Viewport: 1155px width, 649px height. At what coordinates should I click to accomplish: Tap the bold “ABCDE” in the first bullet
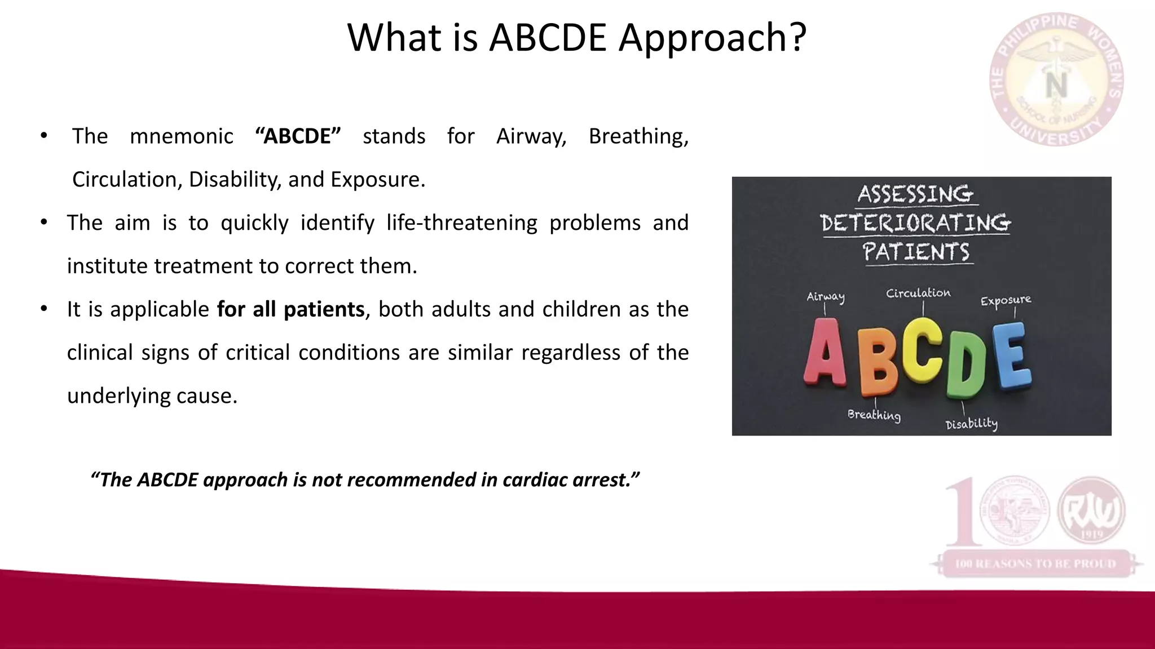298,136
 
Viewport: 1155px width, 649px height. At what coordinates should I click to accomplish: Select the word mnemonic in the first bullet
181,136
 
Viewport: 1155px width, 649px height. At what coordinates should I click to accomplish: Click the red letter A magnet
825,353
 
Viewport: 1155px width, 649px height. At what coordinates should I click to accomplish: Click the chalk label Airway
825,297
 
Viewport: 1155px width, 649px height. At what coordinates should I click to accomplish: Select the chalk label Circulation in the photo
918,293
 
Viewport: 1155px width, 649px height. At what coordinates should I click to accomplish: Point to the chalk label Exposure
1006,300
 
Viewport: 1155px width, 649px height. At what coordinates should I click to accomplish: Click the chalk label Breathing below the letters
874,415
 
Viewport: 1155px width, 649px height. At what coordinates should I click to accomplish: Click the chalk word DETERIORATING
915,223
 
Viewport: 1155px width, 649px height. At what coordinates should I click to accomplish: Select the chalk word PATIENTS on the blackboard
916,251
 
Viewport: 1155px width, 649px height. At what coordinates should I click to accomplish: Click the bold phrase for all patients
290,309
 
